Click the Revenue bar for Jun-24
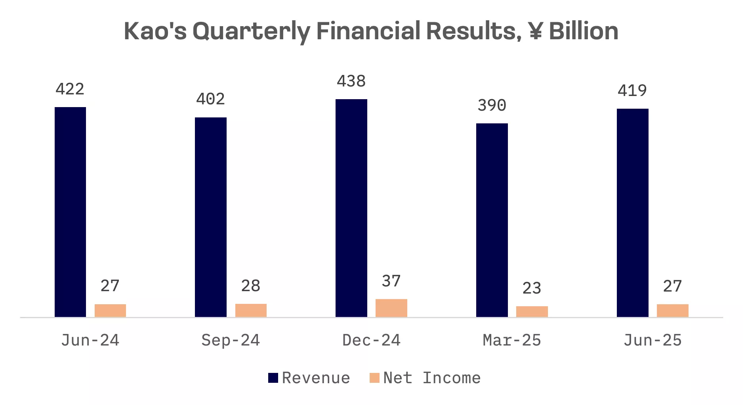point(70,212)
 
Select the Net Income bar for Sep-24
point(251,310)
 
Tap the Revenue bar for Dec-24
point(351,208)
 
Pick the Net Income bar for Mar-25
point(532,311)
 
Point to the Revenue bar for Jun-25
point(632,213)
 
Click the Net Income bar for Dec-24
point(391,308)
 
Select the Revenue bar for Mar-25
point(492,220)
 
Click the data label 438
point(351,81)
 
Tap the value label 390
point(492,106)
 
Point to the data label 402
point(210,99)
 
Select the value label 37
point(391,281)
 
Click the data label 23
point(532,288)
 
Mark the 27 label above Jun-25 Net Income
point(672,286)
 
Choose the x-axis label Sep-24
point(231,340)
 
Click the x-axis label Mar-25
point(512,340)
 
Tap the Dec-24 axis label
point(371,340)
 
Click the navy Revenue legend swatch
point(273,378)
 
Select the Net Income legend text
point(432,378)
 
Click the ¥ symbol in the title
point(535,31)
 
